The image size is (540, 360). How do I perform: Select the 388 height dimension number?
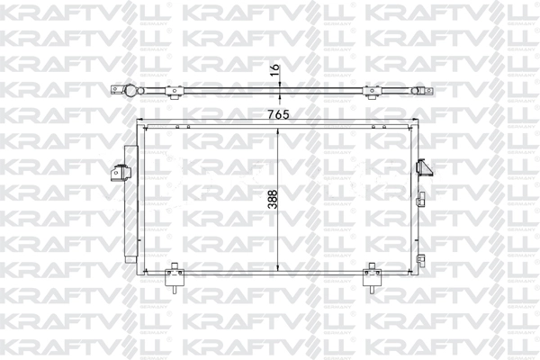point(271,201)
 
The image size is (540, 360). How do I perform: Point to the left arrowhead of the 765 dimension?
point(139,124)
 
